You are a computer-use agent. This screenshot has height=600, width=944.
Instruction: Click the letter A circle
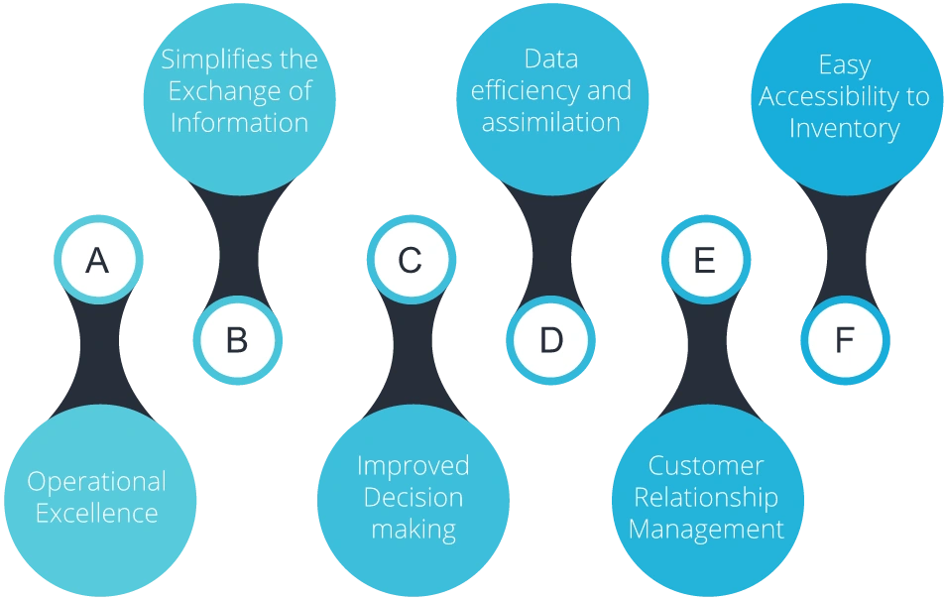tap(97, 260)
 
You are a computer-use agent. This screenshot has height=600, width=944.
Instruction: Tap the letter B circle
tap(237, 340)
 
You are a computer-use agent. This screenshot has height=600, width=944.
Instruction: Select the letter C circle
tap(410, 260)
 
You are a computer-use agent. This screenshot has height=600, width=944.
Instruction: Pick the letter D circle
tap(550, 340)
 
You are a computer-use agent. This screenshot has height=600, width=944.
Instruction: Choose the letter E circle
tap(704, 260)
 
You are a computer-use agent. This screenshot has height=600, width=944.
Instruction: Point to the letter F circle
tap(844, 340)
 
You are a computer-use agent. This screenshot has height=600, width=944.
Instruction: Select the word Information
tap(239, 123)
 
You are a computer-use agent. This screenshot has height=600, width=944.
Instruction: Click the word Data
tap(550, 59)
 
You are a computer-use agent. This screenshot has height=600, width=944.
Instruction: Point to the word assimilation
tap(550, 123)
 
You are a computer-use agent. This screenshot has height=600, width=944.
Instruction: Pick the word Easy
tap(844, 65)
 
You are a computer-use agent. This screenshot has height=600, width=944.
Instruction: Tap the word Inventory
tap(844, 129)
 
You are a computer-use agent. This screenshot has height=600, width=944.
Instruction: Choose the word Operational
tap(96, 482)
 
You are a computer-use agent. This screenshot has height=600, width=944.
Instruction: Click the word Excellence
tap(96, 514)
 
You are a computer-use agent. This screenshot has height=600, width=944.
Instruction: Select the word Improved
tap(413, 466)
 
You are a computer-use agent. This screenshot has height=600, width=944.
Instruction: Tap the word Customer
tap(705, 466)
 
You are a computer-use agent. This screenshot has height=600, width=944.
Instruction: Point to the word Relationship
tap(705, 498)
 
